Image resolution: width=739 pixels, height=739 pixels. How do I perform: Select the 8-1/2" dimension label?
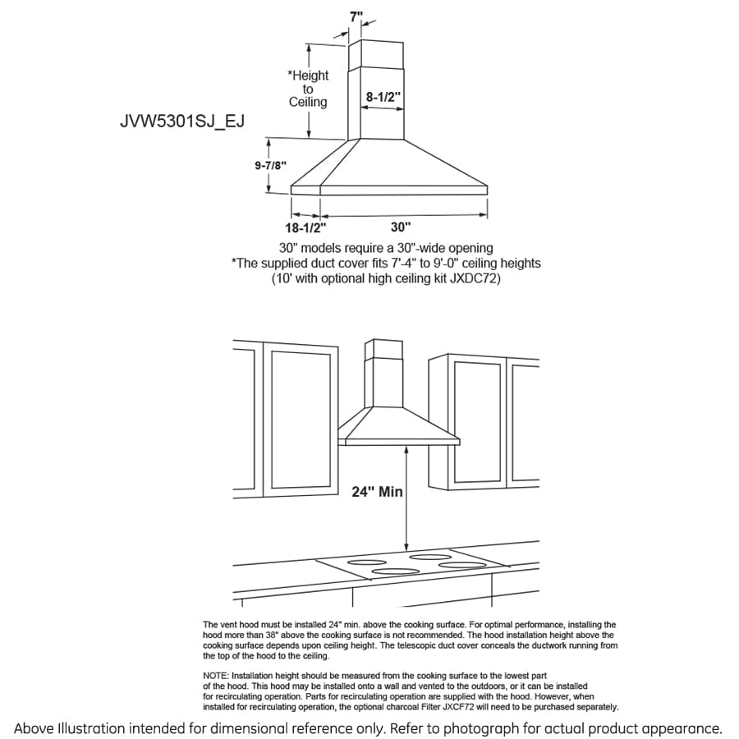tap(383, 97)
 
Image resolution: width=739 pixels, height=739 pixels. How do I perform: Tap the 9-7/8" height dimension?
tap(270, 165)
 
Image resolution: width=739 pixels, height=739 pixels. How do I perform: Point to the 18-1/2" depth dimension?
tap(305, 227)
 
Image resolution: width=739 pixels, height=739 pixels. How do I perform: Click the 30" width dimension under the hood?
tap(401, 227)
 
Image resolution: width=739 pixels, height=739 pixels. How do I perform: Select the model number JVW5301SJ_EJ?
tap(182, 122)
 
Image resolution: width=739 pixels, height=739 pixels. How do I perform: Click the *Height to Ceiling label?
tap(308, 89)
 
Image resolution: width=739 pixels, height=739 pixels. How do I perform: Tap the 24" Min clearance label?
tap(377, 492)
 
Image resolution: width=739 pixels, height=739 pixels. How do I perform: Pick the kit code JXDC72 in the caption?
tap(472, 279)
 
